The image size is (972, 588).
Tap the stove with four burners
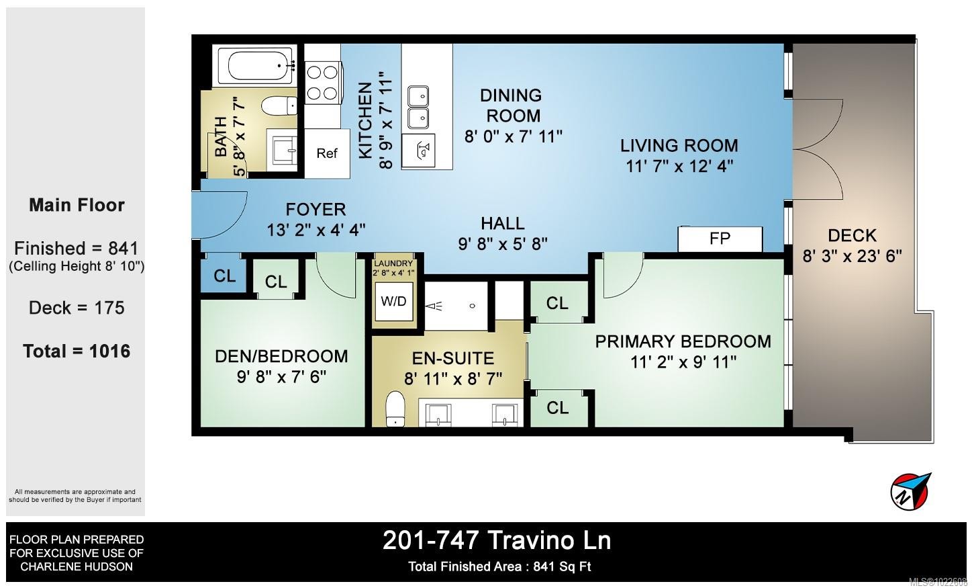(x=322, y=83)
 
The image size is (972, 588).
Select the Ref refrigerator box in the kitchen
(x=327, y=153)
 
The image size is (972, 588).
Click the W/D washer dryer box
(x=393, y=301)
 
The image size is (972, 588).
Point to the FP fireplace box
(x=720, y=239)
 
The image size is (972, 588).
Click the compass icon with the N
(x=910, y=491)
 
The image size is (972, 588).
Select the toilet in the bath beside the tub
(x=279, y=106)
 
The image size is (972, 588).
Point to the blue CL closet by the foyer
(x=224, y=276)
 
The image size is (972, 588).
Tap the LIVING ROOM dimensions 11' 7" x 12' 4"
(x=679, y=167)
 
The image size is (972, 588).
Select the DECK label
(x=852, y=236)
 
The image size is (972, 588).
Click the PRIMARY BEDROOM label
(x=683, y=341)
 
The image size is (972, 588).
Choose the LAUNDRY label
(x=393, y=263)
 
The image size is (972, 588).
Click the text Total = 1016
(x=77, y=351)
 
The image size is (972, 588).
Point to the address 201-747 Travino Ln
(x=497, y=541)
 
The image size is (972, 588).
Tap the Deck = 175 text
(x=77, y=308)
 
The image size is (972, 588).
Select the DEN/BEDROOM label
(x=281, y=357)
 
